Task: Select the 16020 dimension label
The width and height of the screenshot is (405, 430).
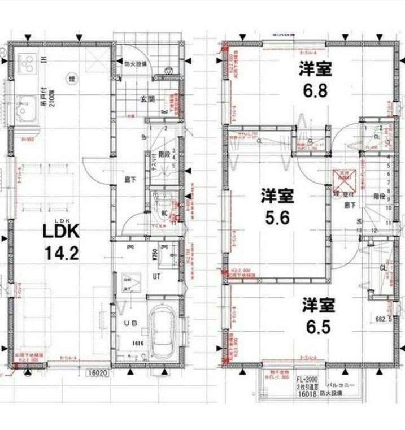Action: click(x=97, y=372)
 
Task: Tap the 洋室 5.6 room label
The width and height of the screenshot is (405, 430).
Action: click(x=276, y=206)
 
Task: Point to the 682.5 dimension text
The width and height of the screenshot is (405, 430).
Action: click(x=386, y=319)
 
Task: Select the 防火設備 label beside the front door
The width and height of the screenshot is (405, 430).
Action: click(x=136, y=64)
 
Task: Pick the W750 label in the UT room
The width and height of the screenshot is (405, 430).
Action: click(x=154, y=254)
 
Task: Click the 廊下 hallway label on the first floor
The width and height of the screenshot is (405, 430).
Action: click(x=129, y=180)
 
